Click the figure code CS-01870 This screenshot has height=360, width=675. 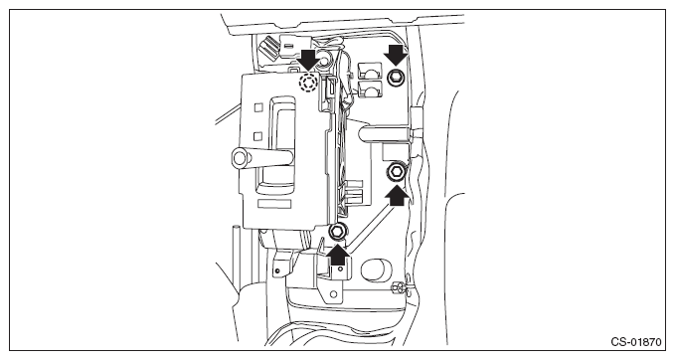[635, 342]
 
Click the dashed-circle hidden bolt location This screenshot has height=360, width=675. [308, 83]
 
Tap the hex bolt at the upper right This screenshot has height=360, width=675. [396, 78]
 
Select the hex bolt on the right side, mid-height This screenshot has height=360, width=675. [396, 173]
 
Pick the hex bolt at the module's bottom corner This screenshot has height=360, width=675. [337, 232]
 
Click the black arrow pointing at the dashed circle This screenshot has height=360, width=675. [309, 60]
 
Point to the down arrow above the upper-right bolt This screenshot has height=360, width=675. [396, 55]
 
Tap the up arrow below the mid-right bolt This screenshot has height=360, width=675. [397, 196]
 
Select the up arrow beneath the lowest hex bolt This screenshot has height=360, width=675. [338, 255]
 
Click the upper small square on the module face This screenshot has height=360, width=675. [258, 107]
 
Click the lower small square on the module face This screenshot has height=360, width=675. [257, 136]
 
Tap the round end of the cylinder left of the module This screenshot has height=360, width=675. [240, 157]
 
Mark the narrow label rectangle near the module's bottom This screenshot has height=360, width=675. [273, 204]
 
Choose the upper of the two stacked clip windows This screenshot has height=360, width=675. [370, 70]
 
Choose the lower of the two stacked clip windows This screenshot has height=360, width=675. [370, 90]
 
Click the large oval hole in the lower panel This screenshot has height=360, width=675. [377, 270]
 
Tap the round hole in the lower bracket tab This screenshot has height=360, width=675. [333, 294]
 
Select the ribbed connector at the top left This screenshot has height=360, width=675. [269, 48]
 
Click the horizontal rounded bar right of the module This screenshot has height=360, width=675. [384, 134]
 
